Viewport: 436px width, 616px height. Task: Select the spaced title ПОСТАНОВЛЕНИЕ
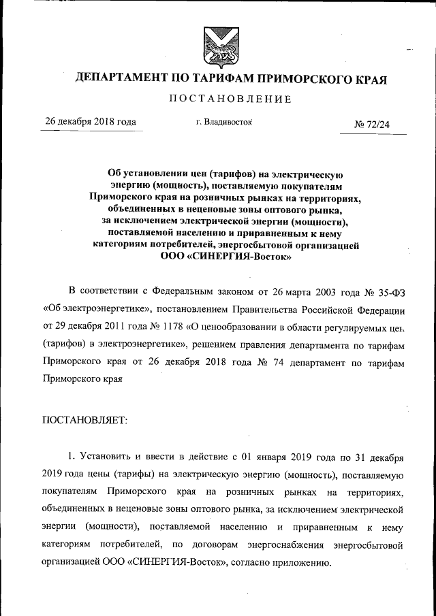(230, 99)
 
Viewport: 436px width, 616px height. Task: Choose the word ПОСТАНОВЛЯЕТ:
(84, 421)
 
